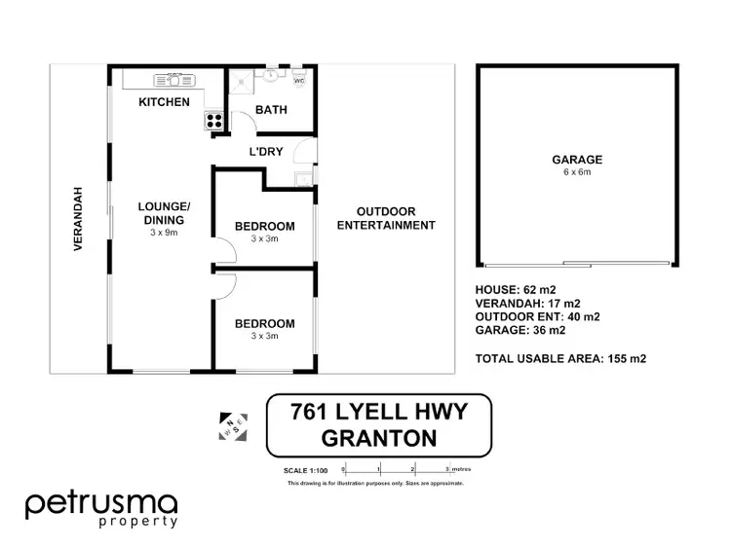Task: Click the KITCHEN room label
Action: click(x=164, y=102)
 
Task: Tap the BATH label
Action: click(x=270, y=110)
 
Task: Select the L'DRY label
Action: click(x=265, y=152)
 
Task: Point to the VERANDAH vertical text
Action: click(x=80, y=220)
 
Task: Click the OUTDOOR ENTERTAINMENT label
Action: click(x=385, y=218)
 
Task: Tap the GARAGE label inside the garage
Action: click(x=577, y=160)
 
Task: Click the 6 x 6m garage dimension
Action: click(x=577, y=172)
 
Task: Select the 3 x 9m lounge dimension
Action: click(x=164, y=233)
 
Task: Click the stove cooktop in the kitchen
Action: click(x=213, y=121)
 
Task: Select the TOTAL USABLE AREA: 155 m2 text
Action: click(x=560, y=358)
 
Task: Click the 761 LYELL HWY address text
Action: click(x=379, y=413)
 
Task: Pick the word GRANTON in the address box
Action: click(x=379, y=438)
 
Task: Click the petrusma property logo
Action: click(x=101, y=509)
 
